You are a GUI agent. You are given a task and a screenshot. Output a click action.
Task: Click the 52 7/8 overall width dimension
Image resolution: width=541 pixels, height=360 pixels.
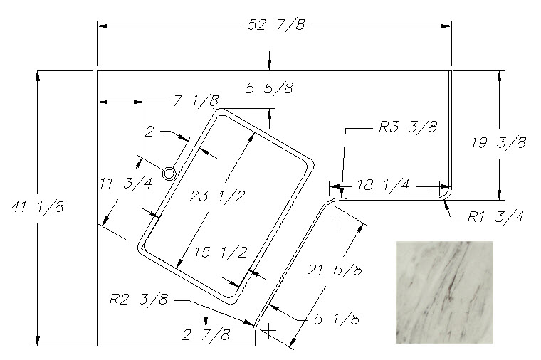pyautogui.click(x=276, y=25)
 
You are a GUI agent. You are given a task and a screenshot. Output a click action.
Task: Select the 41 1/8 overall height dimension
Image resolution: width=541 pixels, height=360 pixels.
pyautogui.click(x=38, y=207)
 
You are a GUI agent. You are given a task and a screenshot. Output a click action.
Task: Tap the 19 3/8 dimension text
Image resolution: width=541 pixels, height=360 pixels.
pyautogui.click(x=498, y=142)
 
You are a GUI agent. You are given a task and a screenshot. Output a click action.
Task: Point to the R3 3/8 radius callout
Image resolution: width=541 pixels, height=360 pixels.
pyautogui.click(x=408, y=127)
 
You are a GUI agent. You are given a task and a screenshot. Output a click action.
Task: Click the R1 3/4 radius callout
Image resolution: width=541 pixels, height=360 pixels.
pyautogui.click(x=495, y=216)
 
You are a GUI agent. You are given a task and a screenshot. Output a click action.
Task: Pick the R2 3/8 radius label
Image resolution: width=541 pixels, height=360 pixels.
pyautogui.click(x=139, y=299)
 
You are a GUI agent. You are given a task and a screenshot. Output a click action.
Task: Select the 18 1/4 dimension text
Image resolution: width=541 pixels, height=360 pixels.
pyautogui.click(x=383, y=185)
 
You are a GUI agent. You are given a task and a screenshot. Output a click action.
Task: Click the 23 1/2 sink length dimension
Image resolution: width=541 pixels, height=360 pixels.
pyautogui.click(x=217, y=196)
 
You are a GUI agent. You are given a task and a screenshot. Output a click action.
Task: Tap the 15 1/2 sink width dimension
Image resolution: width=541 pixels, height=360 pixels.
pyautogui.click(x=221, y=252)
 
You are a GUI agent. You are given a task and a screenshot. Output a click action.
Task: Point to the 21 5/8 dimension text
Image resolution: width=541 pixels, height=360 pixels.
pyautogui.click(x=335, y=270)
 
